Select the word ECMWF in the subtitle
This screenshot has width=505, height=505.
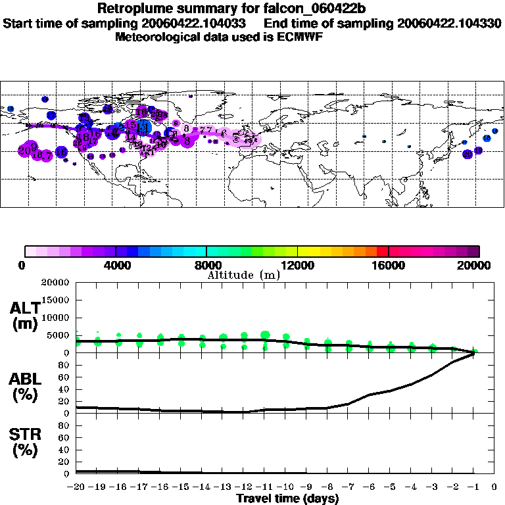[298, 37]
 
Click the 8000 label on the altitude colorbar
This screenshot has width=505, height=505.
[206, 266]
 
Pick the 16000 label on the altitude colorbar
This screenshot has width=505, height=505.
[389, 266]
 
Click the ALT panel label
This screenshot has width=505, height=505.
[26, 316]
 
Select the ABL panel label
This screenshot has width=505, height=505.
[26, 387]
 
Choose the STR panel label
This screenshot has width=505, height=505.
[26, 442]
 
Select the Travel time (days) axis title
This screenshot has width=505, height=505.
[287, 499]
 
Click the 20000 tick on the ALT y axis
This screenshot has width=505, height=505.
[55, 283]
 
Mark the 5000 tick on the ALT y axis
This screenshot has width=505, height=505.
[59, 335]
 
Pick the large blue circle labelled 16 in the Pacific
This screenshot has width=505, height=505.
[61, 153]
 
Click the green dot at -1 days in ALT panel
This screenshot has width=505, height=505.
[475, 351]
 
